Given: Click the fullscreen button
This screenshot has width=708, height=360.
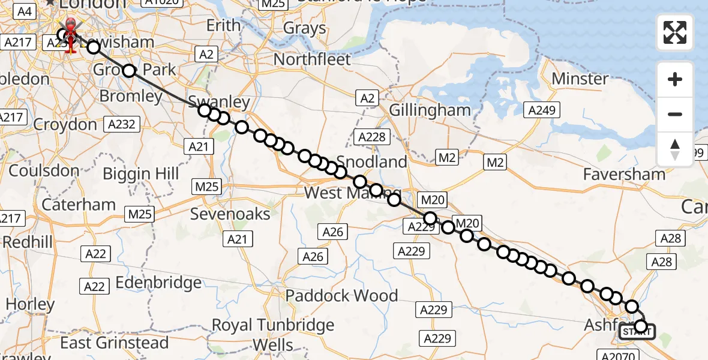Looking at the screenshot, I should [x=675, y=32].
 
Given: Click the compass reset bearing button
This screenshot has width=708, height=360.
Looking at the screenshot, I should [x=675, y=149].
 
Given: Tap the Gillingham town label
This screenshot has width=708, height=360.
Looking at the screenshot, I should [x=430, y=110].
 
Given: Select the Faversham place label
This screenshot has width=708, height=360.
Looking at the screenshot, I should [x=625, y=175].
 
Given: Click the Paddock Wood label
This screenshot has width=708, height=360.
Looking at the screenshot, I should [x=341, y=296].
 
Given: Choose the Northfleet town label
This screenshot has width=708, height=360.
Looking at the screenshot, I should [x=312, y=59].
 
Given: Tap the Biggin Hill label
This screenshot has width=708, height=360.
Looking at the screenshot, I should [x=141, y=174].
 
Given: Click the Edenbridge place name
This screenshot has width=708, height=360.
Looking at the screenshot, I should [x=158, y=283].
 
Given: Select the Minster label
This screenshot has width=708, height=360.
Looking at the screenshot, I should [x=580, y=79].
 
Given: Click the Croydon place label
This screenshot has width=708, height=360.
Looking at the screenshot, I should [x=65, y=125].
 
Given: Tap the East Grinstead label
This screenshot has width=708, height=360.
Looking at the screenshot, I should [x=115, y=343].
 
